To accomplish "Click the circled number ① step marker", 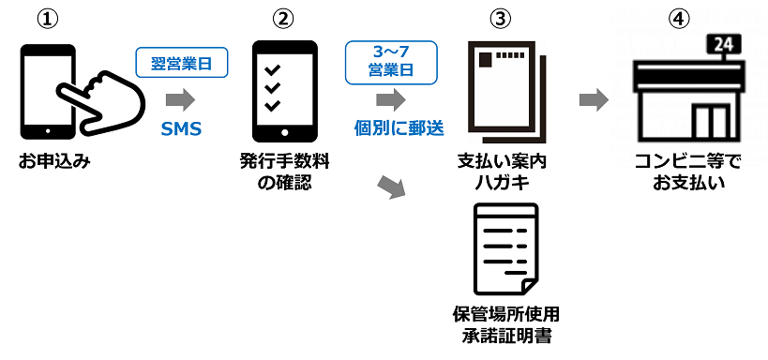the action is [x=48, y=19].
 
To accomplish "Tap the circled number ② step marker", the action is [x=283, y=19].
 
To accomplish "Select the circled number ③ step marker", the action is [x=500, y=19].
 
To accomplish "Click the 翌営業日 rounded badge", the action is [x=182, y=62].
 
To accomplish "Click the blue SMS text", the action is [x=181, y=128].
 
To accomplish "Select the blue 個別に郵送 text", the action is [x=399, y=128].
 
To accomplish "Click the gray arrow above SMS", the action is [x=181, y=100].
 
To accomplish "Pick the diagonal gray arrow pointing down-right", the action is [x=393, y=187].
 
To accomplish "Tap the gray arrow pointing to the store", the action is [x=594, y=100].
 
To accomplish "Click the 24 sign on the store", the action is [x=723, y=46].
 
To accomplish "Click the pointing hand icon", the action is [x=101, y=103].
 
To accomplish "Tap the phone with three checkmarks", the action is [x=284, y=92].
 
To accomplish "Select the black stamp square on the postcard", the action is [x=486, y=59].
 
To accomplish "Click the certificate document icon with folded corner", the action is [x=506, y=248].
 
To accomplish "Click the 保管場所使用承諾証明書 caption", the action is [x=506, y=324].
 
